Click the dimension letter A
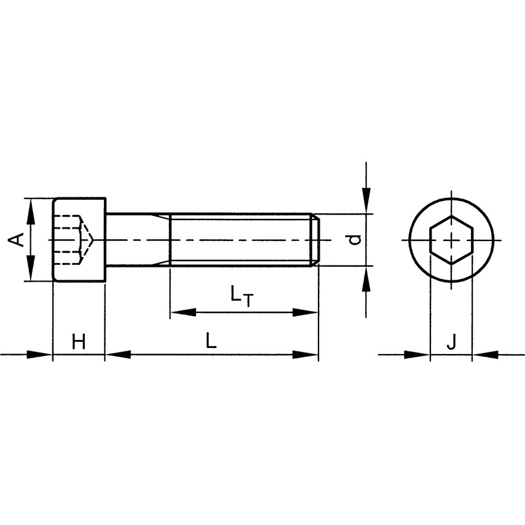[x=17, y=240]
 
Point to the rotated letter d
[x=355, y=239]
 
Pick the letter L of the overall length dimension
[x=211, y=341]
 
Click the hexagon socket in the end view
[x=451, y=240]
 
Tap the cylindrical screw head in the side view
[x=80, y=240]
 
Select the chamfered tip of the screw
[x=315, y=240]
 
